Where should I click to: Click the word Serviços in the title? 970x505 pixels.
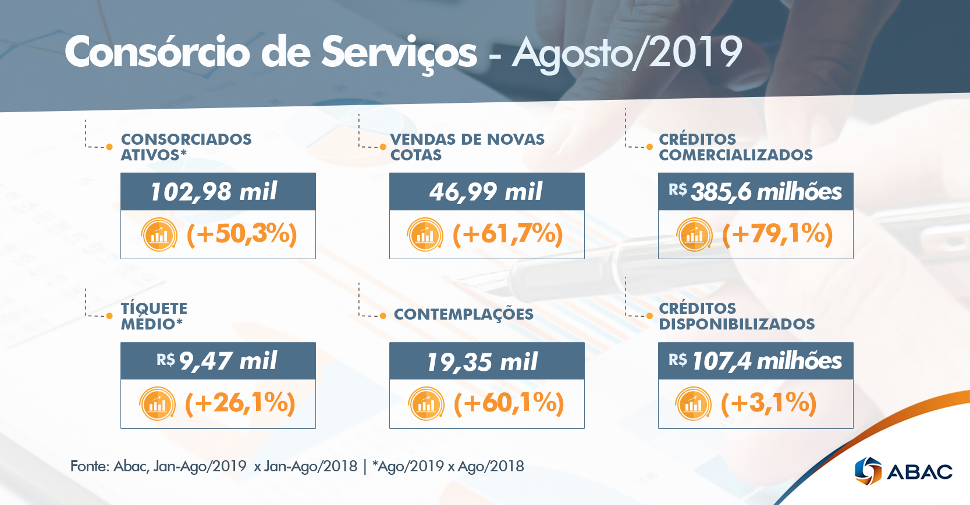(x=399, y=53)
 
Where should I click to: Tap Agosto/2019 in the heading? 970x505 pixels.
(x=627, y=53)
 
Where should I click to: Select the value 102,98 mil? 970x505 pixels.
(x=214, y=192)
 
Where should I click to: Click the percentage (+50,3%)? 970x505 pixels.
(x=241, y=234)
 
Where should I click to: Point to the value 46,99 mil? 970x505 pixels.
(x=486, y=192)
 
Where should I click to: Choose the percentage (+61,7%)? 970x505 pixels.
(x=507, y=234)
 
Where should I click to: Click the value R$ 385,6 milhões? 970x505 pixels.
(x=755, y=192)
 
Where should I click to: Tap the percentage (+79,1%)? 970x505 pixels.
(x=777, y=234)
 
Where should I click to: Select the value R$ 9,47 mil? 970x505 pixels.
(x=217, y=361)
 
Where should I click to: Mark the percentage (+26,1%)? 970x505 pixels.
(x=240, y=403)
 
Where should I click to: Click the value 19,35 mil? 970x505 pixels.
(x=482, y=362)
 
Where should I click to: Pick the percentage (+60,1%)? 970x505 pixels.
(x=509, y=403)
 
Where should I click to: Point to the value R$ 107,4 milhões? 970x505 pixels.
(x=755, y=361)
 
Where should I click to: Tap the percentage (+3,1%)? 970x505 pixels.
(x=768, y=403)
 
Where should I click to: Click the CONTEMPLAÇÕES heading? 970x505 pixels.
(x=463, y=314)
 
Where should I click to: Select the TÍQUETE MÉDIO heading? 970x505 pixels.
(x=154, y=316)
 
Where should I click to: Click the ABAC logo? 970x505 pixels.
(x=903, y=471)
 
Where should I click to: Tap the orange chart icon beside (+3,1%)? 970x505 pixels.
(x=693, y=403)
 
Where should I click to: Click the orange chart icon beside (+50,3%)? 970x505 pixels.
(x=159, y=234)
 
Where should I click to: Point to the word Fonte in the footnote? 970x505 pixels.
(x=89, y=466)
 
